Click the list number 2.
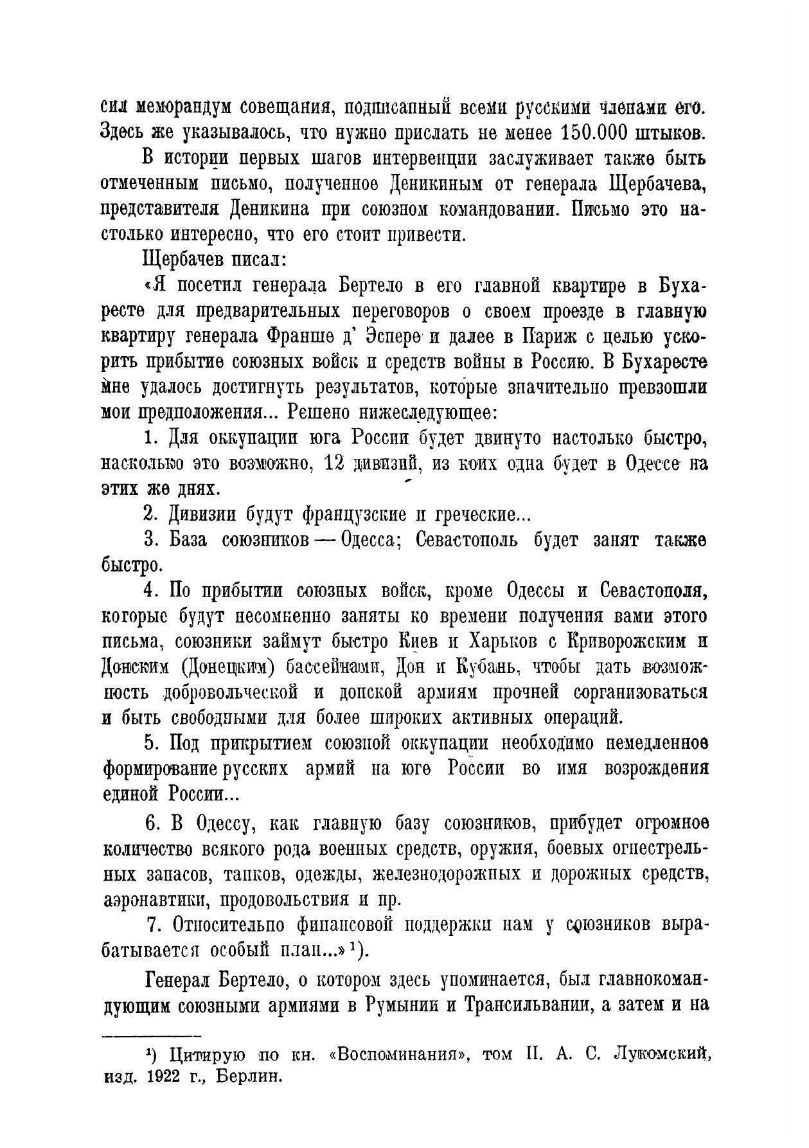(x=150, y=514)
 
